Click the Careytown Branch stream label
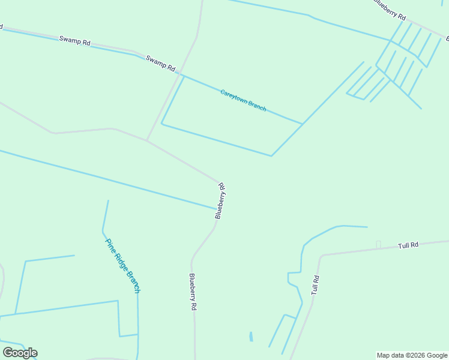(x=243, y=100)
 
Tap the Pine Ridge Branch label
(x=122, y=265)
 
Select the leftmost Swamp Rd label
(x=74, y=42)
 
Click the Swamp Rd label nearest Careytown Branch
(x=160, y=63)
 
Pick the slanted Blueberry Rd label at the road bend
(x=221, y=200)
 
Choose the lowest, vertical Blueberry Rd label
(x=193, y=292)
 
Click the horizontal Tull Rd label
(x=408, y=246)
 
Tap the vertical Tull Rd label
(x=315, y=284)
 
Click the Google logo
(x=20, y=352)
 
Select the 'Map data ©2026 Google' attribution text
(x=412, y=355)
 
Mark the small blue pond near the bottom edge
(x=251, y=337)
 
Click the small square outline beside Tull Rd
(x=378, y=244)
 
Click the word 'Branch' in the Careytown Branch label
(x=256, y=106)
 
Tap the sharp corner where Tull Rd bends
(x=321, y=256)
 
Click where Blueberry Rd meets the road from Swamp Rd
(x=147, y=140)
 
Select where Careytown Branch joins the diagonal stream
(x=302, y=124)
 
